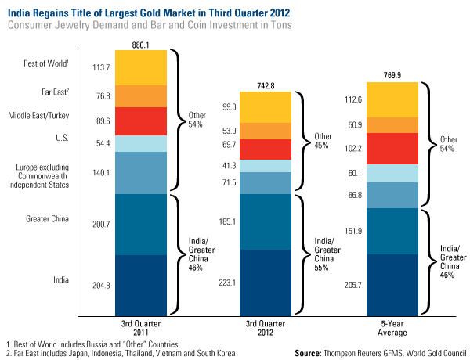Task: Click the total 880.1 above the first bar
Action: (x=141, y=44)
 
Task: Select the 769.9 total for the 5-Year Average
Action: (x=389, y=75)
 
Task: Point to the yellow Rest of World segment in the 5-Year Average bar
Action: (x=389, y=99)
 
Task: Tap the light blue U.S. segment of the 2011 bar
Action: (x=141, y=143)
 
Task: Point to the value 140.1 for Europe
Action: (x=102, y=173)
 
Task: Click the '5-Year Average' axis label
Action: (x=389, y=326)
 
